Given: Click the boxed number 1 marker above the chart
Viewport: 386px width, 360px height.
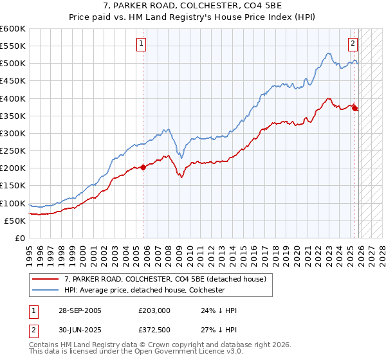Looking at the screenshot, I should [140, 44].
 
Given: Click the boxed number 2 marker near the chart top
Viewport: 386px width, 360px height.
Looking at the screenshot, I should [353, 44].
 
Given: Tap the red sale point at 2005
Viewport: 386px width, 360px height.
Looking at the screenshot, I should [143, 167].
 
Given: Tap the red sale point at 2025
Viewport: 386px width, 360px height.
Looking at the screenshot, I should [355, 108].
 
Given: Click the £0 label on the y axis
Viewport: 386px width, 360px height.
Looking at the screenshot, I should [21, 238].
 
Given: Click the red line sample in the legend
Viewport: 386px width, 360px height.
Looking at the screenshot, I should [45, 278].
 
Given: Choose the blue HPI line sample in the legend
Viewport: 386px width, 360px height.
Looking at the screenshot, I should [45, 290].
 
